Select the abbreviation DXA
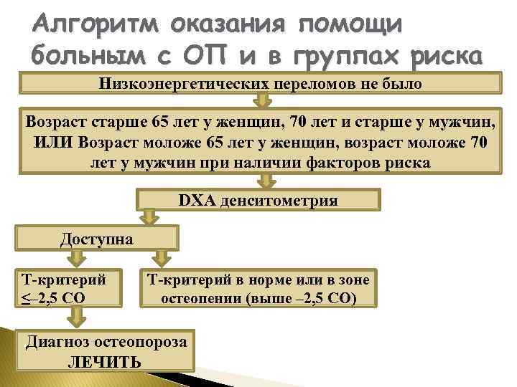(196, 200)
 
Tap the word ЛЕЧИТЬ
(105, 361)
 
